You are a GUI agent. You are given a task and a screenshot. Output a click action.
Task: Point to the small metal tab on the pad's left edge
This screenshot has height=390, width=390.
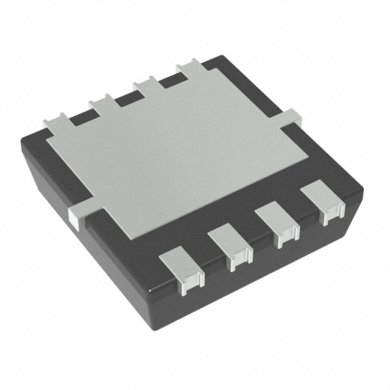[78, 214]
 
